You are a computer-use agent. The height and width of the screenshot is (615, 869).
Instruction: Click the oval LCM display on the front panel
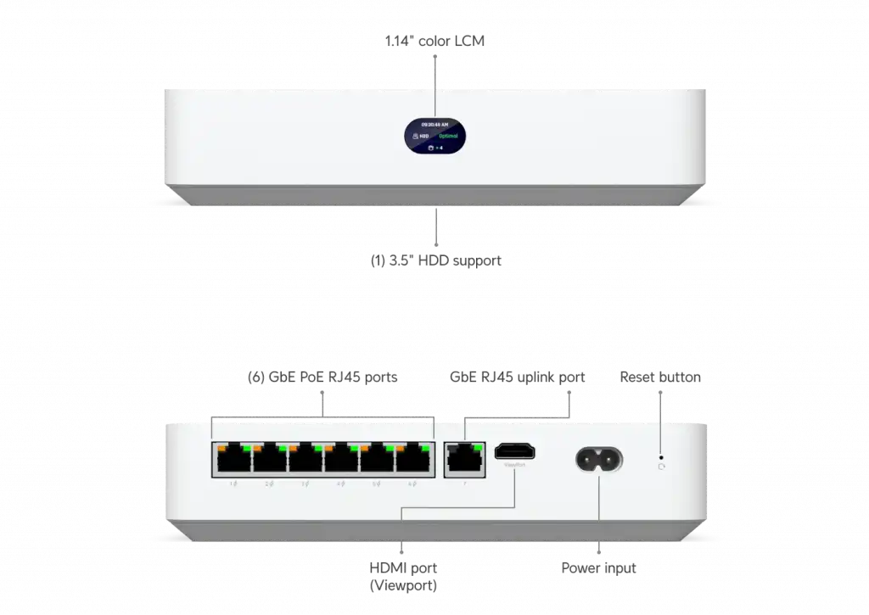[x=434, y=136]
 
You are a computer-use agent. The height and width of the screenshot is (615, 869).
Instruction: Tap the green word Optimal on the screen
[x=449, y=136]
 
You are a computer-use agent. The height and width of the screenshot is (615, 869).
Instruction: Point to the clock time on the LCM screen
[x=435, y=123]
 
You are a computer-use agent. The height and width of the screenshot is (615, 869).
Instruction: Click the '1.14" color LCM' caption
[x=434, y=40]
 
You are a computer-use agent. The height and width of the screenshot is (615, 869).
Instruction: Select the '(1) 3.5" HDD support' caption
[x=435, y=260]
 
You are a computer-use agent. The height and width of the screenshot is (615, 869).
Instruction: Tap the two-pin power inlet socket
[x=599, y=461]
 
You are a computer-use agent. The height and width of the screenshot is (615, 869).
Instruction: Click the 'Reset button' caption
[x=660, y=377]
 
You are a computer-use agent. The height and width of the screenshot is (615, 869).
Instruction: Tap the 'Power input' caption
[x=598, y=567]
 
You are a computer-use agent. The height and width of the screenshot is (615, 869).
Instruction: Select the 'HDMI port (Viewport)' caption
[x=403, y=575]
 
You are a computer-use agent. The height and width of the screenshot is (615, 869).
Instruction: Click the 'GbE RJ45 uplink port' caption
[x=516, y=377]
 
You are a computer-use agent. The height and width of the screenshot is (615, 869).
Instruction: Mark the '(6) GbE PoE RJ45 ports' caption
[x=322, y=377]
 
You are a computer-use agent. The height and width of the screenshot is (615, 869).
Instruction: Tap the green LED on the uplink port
[x=477, y=446]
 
